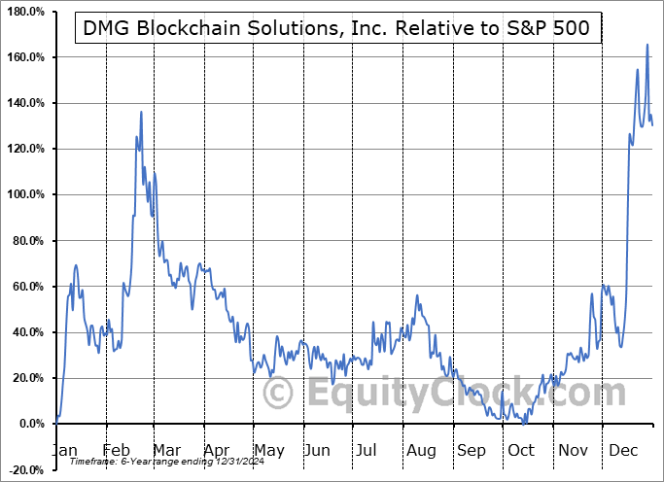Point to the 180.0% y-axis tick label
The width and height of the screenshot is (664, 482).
[24, 12]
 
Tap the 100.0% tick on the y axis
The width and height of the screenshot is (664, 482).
[24, 194]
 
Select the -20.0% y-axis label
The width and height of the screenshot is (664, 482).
[24, 469]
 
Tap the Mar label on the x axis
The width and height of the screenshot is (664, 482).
[166, 450]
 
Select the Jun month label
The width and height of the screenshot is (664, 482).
[316, 450]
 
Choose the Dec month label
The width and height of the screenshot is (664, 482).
[624, 450]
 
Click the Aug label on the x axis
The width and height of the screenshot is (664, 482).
[420, 450]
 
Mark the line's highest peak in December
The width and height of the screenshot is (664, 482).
[647, 45]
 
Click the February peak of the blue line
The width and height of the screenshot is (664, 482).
[141, 112]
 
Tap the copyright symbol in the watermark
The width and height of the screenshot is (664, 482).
[279, 394]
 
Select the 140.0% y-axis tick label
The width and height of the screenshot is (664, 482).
[24, 103]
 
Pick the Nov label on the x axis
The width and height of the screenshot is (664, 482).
[574, 450]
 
